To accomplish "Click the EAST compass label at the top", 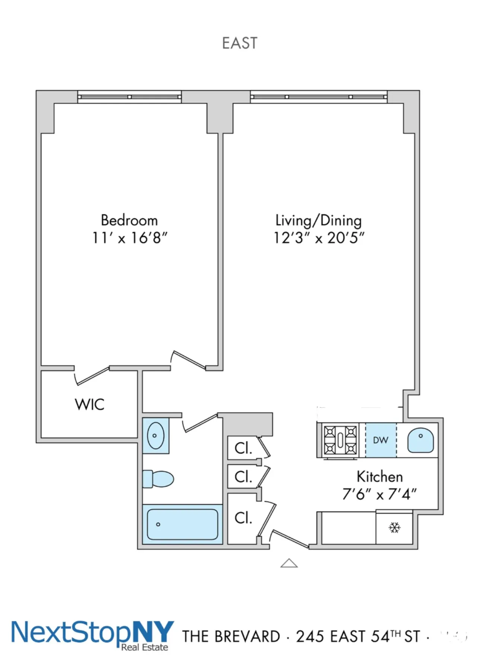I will (239, 43).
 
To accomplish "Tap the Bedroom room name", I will (129, 220).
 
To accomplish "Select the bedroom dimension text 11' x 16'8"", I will (130, 238).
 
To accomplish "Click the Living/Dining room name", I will (318, 220).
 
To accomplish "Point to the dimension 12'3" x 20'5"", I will (319, 238).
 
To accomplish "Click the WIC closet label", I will (89, 404).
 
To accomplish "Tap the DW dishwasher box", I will (380, 440).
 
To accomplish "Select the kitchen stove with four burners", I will (340, 440).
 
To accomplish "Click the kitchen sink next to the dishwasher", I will (420, 440).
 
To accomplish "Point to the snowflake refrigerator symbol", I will (394, 527).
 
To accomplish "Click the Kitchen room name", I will (379, 477).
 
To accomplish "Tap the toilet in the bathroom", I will (159, 479).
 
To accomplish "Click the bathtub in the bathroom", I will (182, 524).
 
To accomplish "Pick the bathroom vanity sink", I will (156, 435).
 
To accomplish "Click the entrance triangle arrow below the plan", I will (289, 563).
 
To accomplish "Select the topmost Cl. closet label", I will (243, 448).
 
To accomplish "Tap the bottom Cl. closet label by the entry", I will (243, 518).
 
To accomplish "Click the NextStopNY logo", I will (92, 634).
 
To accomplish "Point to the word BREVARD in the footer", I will (247, 637).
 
